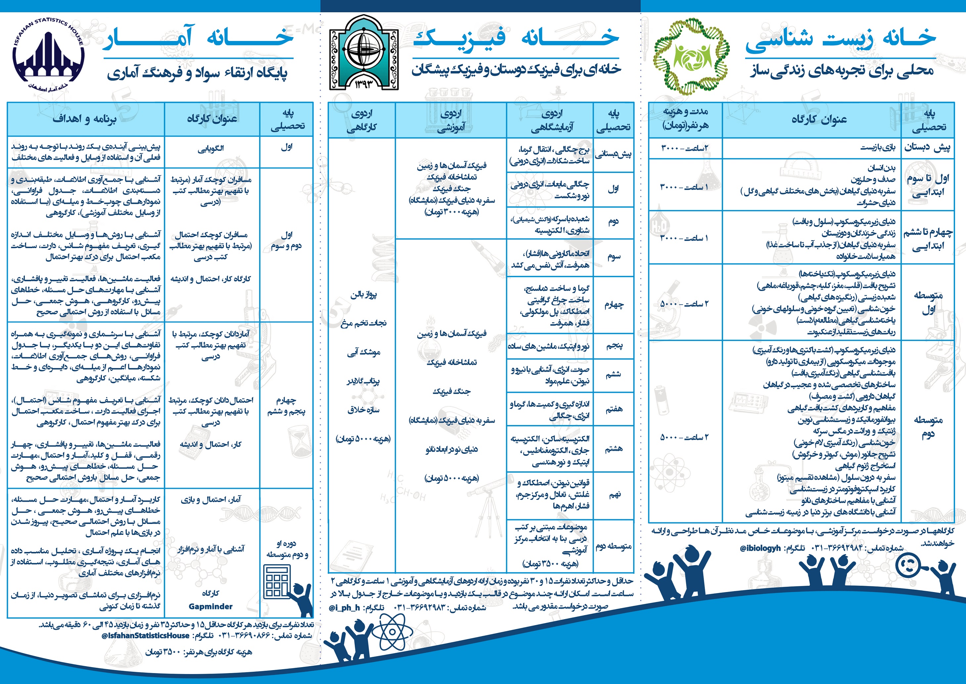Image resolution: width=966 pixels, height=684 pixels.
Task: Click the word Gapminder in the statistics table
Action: (210, 607)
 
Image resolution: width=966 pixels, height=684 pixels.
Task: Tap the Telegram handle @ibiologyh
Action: (760, 548)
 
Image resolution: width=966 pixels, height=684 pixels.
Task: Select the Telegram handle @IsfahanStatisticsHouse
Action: (145, 636)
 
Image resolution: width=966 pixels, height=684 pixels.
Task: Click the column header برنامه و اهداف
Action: (84, 119)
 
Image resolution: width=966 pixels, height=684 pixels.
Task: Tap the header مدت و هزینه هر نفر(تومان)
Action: (685, 118)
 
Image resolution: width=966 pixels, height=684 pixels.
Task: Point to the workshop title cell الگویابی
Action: (211, 148)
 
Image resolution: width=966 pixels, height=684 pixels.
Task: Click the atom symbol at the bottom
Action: (392, 632)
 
